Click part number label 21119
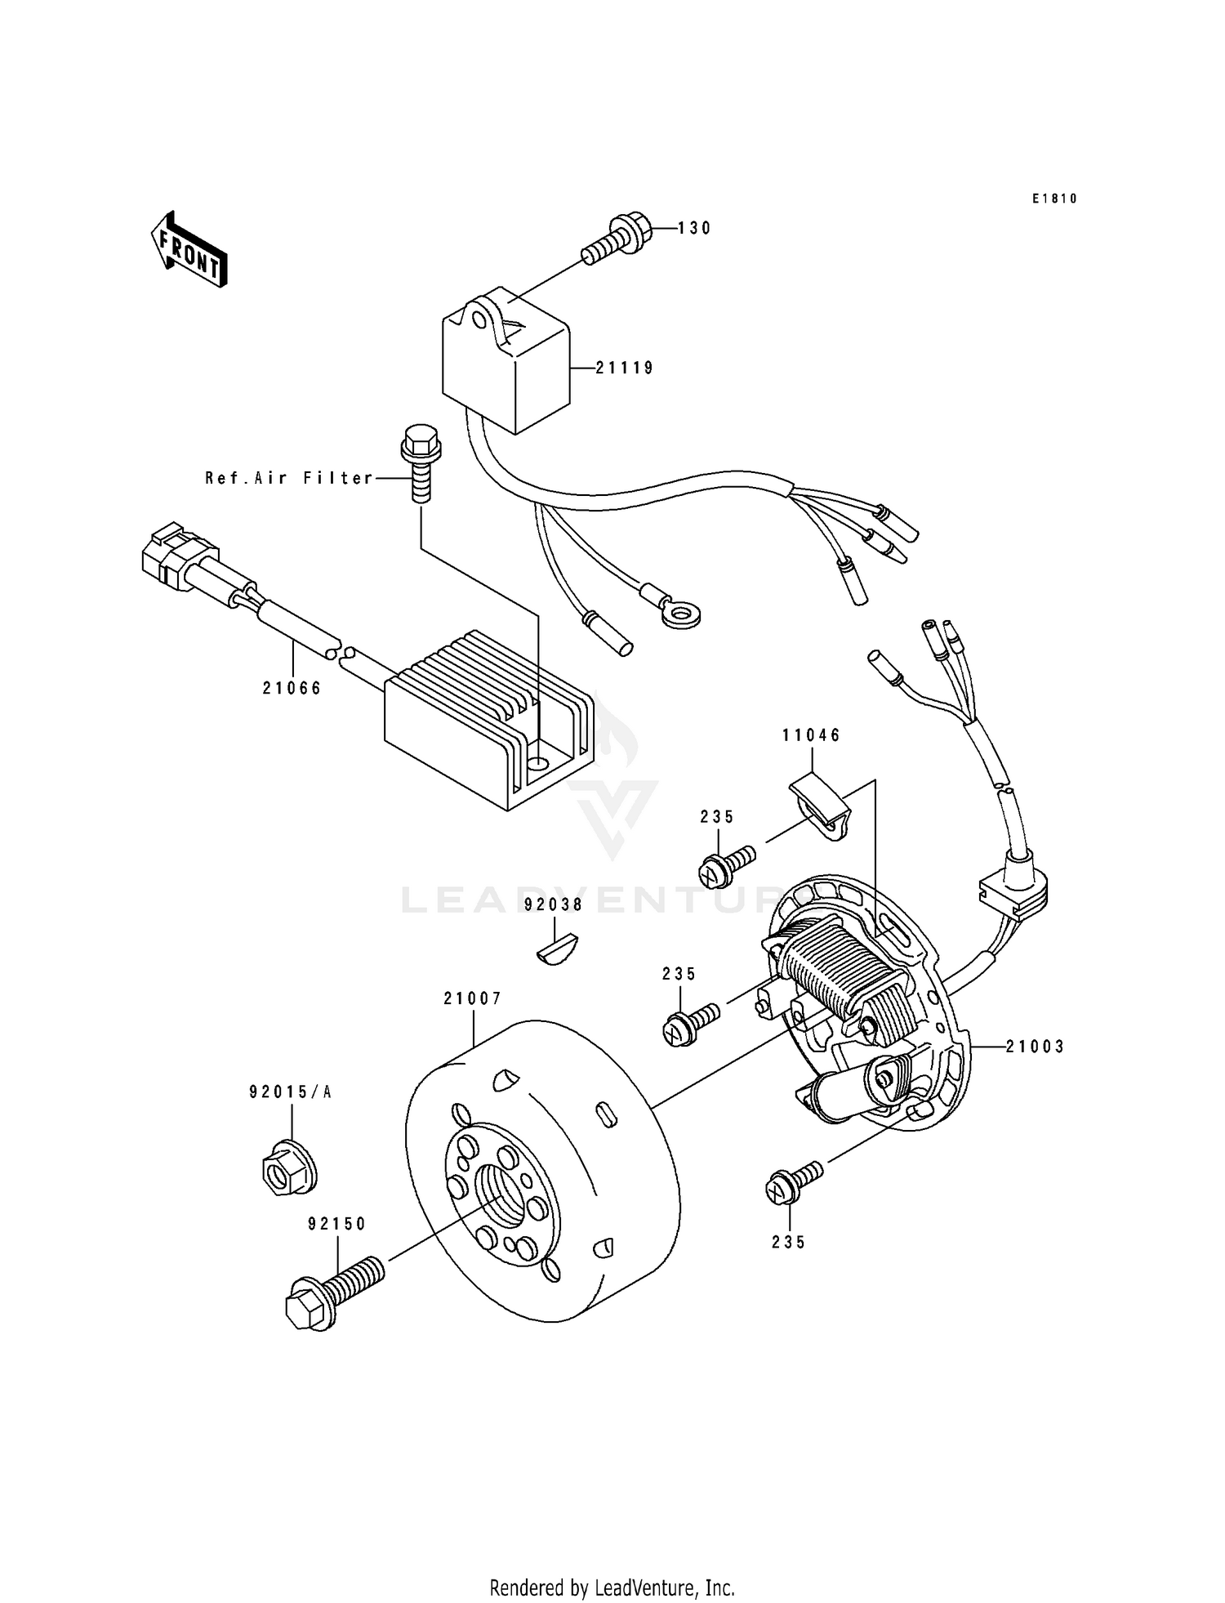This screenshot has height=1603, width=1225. point(624,368)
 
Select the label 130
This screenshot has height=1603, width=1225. point(694,229)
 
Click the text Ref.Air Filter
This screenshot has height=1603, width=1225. point(289,478)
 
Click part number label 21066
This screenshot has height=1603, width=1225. point(292,688)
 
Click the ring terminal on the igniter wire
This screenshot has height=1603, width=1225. point(680,613)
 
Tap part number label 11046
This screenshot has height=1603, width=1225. point(811,735)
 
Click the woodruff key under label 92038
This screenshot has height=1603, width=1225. point(559,951)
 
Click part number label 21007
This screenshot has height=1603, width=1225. point(472,998)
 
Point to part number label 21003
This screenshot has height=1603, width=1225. point(1035,1047)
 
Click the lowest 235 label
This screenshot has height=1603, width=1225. point(788,1242)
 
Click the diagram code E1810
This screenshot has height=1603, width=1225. point(1054,199)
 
